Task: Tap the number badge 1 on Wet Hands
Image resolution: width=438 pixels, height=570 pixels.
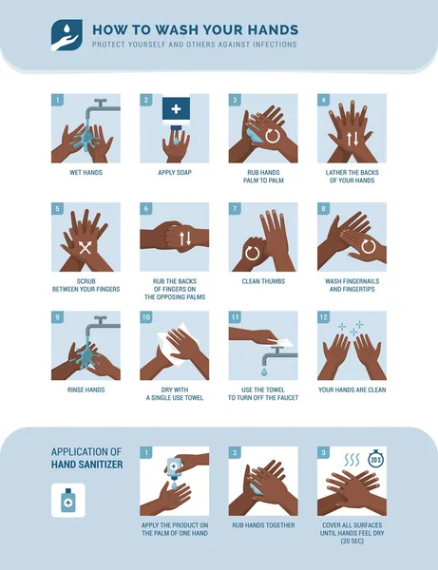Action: [x=58, y=100]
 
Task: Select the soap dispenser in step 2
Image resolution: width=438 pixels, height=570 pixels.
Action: [x=176, y=111]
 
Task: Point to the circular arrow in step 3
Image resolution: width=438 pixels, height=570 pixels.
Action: [x=272, y=136]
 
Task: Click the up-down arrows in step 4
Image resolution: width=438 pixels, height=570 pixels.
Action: [x=352, y=138]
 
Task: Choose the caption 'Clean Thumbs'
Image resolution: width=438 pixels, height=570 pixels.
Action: [x=263, y=281]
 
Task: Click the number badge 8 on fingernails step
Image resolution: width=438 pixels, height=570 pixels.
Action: [x=324, y=209]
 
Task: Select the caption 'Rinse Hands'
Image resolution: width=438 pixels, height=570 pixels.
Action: [x=86, y=389]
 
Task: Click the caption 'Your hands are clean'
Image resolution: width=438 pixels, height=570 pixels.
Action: [x=352, y=389]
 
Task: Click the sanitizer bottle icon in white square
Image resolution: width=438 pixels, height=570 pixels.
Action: [x=67, y=501]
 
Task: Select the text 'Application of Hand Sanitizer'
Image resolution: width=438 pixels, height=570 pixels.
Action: [x=86, y=459]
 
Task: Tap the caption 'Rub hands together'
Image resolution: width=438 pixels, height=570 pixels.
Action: [x=263, y=525]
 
